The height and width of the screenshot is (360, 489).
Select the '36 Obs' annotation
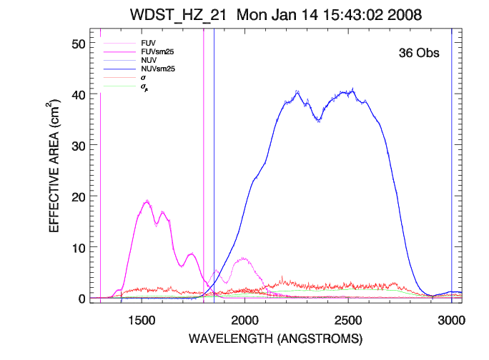tap(418, 53)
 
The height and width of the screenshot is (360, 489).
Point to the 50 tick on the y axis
tap(76, 44)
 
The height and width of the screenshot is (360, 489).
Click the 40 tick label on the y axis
tap(76, 94)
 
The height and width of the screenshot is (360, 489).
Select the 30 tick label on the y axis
tap(76, 145)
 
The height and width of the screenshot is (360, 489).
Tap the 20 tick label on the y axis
tap(76, 196)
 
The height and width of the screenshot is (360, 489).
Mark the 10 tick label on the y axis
tap(76, 247)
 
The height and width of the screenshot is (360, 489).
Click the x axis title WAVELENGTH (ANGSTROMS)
tap(276, 338)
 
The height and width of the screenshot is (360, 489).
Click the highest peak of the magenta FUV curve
tap(147, 201)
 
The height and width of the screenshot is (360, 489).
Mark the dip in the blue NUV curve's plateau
tap(318, 120)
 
